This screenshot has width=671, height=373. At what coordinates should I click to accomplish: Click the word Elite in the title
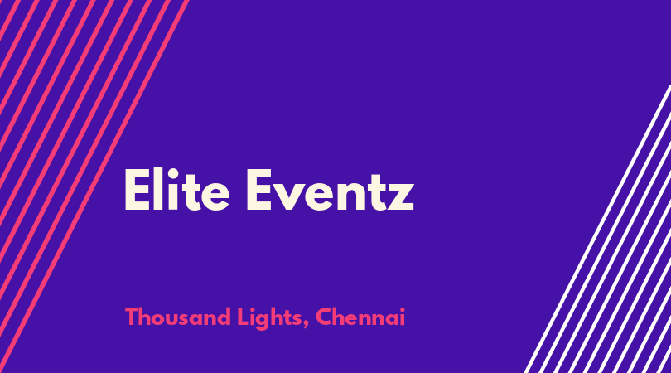point(176,189)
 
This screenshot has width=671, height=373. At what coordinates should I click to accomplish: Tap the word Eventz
point(331,189)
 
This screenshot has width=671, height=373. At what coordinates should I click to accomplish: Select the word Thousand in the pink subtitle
point(178,317)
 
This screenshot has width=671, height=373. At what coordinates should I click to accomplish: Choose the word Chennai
point(360,317)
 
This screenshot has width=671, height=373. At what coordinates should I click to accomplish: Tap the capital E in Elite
point(137,190)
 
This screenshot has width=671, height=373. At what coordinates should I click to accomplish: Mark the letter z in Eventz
point(401,197)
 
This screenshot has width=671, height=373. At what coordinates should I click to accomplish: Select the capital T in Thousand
point(132,317)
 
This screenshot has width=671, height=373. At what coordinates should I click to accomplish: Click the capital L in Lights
point(243,317)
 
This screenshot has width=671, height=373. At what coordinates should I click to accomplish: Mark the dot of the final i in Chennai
point(403,309)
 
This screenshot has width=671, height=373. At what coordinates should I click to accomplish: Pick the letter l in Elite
point(158,189)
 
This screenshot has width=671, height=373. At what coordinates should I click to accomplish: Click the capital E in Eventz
point(259,190)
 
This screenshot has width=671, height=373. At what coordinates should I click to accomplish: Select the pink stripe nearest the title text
point(94,186)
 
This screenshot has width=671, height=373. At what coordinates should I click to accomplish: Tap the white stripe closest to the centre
point(597,229)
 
